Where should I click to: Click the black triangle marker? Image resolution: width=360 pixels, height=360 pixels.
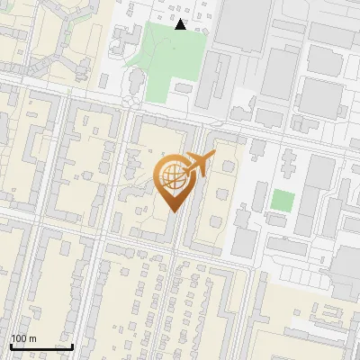coord(181,25)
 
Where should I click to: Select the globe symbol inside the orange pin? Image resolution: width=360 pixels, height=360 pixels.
coord(172,176)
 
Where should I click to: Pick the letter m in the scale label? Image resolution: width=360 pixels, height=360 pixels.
coord(33,338)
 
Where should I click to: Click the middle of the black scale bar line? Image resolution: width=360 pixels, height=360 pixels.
coord(41,346)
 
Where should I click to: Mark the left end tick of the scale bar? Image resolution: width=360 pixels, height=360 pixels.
coord(11,345)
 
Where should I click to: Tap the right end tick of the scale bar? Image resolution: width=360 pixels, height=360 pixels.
coord(72,345)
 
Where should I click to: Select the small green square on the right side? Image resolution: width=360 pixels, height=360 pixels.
coord(283,200)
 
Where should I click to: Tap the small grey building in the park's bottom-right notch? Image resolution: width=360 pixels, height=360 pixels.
coord(184,89)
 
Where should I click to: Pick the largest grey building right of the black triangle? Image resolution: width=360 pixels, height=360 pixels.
coord(241,22)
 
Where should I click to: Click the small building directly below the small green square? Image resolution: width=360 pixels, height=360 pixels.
coord(278,220)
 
